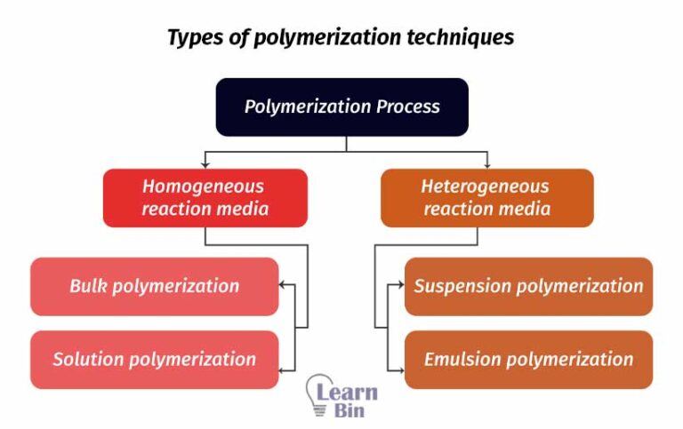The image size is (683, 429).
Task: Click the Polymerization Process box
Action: (x=342, y=107)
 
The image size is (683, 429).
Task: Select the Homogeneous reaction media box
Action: (x=205, y=198)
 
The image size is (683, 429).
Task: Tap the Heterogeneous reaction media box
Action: (x=486, y=198)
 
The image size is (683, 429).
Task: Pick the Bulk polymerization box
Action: (x=154, y=286)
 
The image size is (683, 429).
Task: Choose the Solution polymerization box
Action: (x=154, y=359)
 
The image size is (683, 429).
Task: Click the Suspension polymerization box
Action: (x=528, y=286)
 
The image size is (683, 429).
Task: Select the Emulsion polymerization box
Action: (x=528, y=359)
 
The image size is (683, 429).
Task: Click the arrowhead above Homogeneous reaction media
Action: (x=205, y=164)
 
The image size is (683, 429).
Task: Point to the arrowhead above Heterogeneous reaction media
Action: (x=486, y=164)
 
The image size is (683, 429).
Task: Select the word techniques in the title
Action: (x=466, y=38)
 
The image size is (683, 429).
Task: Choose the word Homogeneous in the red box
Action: (x=203, y=187)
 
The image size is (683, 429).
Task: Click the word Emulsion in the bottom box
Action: (x=466, y=359)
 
